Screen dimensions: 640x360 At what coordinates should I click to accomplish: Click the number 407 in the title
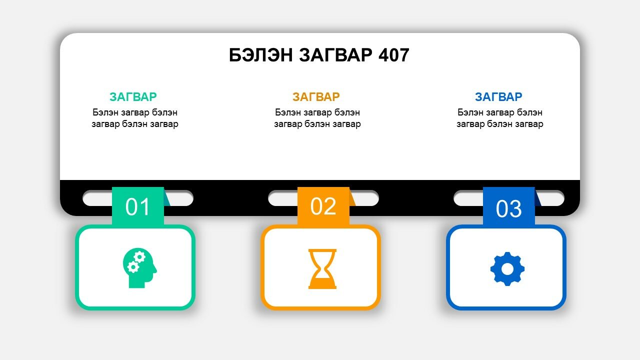[x=393, y=55]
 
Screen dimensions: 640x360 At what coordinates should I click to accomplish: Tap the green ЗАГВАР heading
[x=133, y=97]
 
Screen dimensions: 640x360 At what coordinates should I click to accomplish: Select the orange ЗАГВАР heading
[x=316, y=97]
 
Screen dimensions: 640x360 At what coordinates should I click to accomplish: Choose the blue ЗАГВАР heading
[x=498, y=97]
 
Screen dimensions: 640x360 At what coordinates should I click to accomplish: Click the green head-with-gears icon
[x=139, y=267]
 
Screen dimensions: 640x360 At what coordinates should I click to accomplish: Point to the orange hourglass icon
[x=322, y=269]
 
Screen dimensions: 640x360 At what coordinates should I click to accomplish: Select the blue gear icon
[x=507, y=269]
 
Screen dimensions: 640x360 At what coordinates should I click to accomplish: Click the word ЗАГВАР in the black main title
[x=336, y=55]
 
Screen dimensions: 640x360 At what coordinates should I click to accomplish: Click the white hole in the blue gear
[x=507, y=269]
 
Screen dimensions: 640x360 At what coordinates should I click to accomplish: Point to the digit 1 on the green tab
[x=145, y=206]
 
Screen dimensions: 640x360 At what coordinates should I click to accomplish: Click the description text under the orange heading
[x=317, y=118]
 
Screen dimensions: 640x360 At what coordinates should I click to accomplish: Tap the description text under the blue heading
[x=500, y=118]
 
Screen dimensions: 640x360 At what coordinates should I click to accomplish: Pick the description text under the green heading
[x=135, y=118]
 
